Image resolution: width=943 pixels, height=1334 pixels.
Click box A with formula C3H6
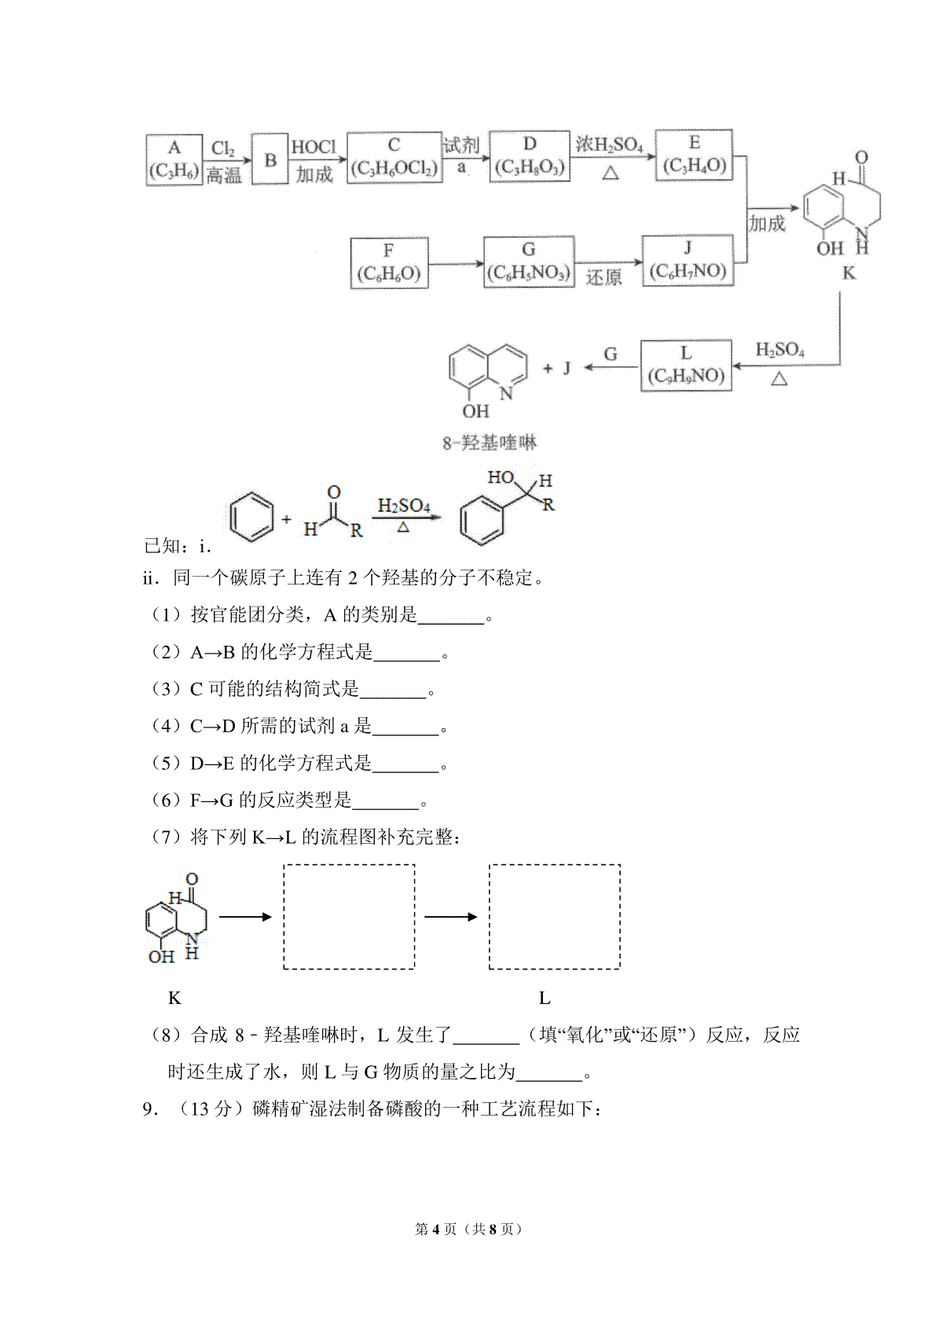tap(174, 159)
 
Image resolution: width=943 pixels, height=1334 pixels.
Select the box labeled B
tap(270, 159)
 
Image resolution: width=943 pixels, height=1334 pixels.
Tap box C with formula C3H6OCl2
tap(394, 157)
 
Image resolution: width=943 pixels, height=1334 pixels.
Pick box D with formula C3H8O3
tap(530, 156)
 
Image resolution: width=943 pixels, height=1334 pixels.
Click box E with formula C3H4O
tap(694, 155)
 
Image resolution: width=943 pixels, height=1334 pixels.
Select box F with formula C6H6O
tap(389, 262)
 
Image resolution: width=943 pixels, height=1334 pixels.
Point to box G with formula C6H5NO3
tap(529, 262)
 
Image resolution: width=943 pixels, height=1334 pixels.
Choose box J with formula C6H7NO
tap(688, 260)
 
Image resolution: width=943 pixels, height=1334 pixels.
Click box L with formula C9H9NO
tap(686, 365)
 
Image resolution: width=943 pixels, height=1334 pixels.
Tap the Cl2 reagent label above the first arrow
tap(223, 148)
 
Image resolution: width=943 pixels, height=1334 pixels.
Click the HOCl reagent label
tap(314, 146)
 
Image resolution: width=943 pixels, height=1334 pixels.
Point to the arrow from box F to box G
tap(456, 264)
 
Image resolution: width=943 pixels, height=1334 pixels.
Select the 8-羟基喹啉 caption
tap(489, 443)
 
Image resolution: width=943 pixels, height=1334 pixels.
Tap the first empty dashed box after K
tap(349, 917)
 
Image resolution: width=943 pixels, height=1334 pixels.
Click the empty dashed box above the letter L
tap(555, 917)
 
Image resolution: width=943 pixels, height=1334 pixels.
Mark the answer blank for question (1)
tap(451, 622)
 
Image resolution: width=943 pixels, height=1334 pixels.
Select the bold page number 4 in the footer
tap(435, 1230)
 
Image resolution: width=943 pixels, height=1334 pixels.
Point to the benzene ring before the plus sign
tap(252, 517)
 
